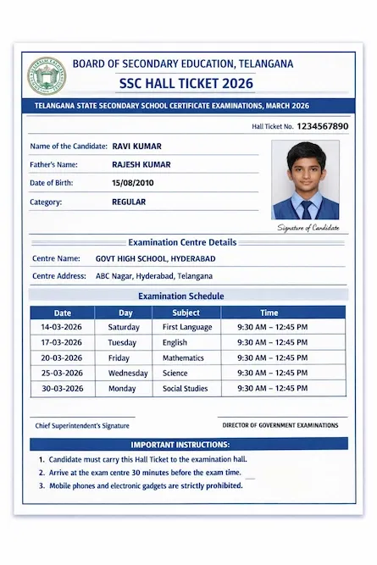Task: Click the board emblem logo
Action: [46, 75]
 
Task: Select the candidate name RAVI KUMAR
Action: [136, 147]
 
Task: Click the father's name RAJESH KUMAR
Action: [146, 164]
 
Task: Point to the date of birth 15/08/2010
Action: [133, 183]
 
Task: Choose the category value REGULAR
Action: [129, 202]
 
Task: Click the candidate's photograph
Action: [305, 180]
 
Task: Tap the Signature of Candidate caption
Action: [308, 227]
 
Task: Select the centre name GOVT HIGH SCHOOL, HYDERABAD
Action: [155, 258]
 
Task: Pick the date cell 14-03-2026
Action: [62, 327]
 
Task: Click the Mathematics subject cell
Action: [184, 357]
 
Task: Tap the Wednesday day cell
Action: [128, 373]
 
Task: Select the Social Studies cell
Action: [185, 388]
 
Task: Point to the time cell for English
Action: [272, 342]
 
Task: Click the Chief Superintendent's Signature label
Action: [82, 425]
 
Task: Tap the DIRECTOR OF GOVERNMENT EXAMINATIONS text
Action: [280, 425]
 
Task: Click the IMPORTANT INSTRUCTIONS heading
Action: [180, 445]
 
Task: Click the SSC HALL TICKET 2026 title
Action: [186, 83]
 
